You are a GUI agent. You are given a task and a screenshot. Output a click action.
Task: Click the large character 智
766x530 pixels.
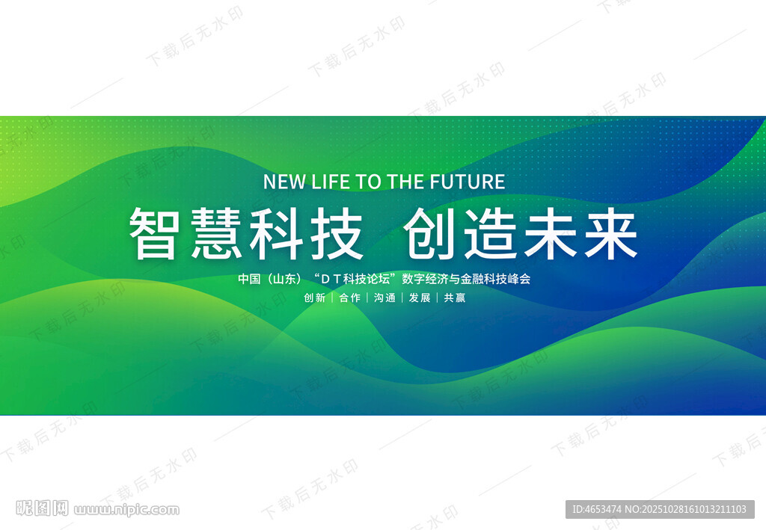(153, 233)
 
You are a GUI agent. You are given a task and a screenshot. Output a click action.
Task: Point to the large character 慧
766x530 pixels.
(218, 233)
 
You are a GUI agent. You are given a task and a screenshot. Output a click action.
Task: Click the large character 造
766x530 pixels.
(491, 233)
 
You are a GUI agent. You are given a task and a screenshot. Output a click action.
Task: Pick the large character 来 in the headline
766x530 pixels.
(612, 233)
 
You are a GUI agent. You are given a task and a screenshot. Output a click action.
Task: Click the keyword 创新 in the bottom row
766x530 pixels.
(315, 298)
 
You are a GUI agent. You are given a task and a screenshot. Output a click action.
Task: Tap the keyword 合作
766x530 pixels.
(349, 298)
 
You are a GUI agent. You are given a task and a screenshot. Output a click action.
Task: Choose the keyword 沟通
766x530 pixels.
(384, 298)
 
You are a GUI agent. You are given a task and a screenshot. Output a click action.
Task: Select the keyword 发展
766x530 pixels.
(419, 298)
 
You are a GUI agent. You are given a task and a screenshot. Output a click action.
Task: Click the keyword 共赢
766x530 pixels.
(454, 298)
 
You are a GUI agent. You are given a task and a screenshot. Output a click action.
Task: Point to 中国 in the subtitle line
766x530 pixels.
(248, 279)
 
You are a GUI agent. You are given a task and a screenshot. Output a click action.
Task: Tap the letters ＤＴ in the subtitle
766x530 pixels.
(331, 279)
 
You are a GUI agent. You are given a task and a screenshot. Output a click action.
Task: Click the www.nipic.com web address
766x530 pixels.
(127, 511)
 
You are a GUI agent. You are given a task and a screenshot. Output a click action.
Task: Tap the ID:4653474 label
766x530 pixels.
(596, 509)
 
